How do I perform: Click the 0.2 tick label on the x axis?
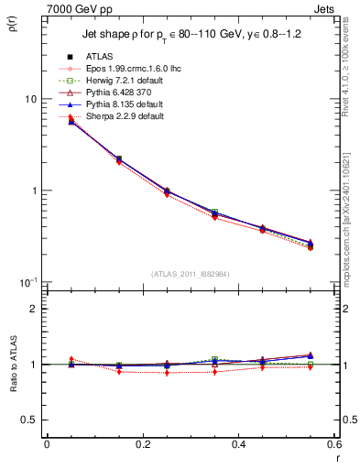tap(142, 444)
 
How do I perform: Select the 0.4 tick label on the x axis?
tap(238, 444)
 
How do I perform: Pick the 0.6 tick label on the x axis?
tap(333, 444)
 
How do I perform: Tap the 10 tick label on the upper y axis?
tap(29, 99)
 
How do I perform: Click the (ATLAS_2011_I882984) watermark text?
tap(191, 275)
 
